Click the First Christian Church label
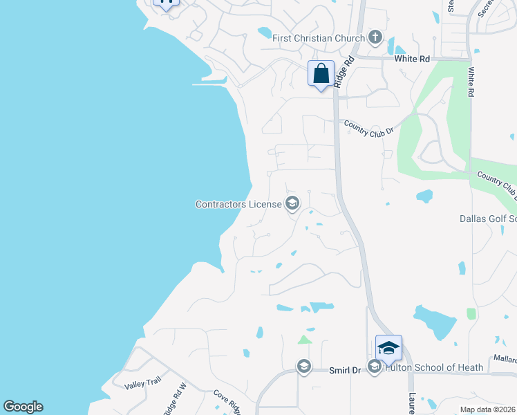pyautogui.click(x=318, y=38)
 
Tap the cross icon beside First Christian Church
pyautogui.click(x=375, y=37)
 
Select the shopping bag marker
pyautogui.click(x=321, y=74)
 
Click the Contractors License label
pyautogui.click(x=238, y=204)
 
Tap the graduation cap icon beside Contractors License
pyautogui.click(x=292, y=203)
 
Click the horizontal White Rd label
pyautogui.click(x=412, y=59)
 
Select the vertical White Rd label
pyautogui.click(x=471, y=82)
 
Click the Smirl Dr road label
pyautogui.click(x=346, y=371)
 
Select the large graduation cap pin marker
pyautogui.click(x=388, y=348)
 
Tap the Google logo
pyautogui.click(x=23, y=407)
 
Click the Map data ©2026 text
pyautogui.click(x=487, y=409)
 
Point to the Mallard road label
pyautogui.click(x=504, y=360)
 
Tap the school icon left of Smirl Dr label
pyautogui.click(x=303, y=366)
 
